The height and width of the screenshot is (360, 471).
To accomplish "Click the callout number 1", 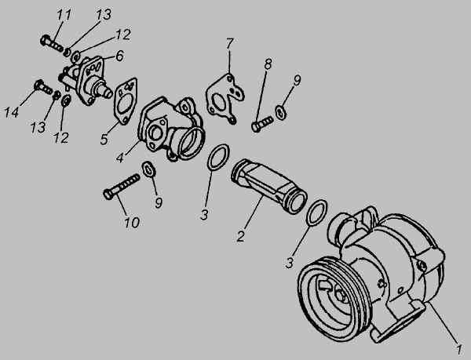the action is pyautogui.click(x=458, y=349).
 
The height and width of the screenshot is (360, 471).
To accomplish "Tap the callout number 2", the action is pyautogui.click(x=240, y=236).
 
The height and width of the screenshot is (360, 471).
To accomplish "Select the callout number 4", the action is pyautogui.click(x=120, y=158).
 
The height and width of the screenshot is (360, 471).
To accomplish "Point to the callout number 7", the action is pyautogui.click(x=229, y=44).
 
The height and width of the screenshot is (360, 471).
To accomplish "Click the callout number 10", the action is pyautogui.click(x=132, y=222).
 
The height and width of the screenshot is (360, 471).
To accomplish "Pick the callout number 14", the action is pyautogui.click(x=12, y=112).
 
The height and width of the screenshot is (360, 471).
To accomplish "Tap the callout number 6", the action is pyautogui.click(x=119, y=56).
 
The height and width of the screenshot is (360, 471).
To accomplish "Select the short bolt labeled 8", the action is pyautogui.click(x=262, y=124).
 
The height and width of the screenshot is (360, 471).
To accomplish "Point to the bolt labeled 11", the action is pyautogui.click(x=52, y=43).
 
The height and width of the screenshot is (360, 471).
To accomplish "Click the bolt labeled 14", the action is pyautogui.click(x=43, y=86).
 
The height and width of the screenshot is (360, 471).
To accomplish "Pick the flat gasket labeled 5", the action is pyautogui.click(x=126, y=101).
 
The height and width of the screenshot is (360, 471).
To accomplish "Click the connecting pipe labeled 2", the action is pyautogui.click(x=268, y=186).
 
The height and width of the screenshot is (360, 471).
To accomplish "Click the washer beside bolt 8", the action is pyautogui.click(x=280, y=112).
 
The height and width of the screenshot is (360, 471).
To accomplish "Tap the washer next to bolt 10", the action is pyautogui.click(x=149, y=169).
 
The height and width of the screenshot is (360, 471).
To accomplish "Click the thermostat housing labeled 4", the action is pyautogui.click(x=170, y=129).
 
